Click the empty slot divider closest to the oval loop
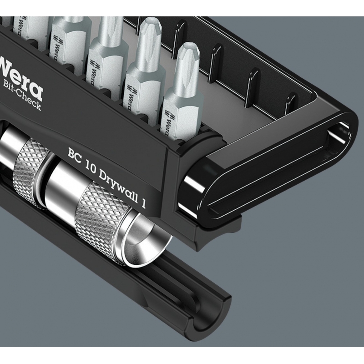tap(290, 102)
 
